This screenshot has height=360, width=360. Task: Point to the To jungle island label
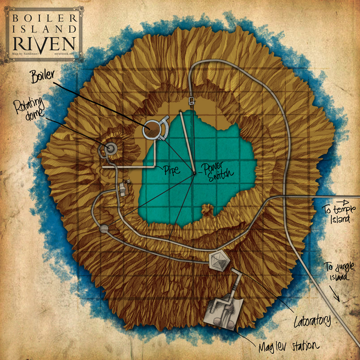(x=334, y=273)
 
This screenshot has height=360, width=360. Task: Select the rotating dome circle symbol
(x=110, y=148)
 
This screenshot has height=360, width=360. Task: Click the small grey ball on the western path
(x=104, y=229)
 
